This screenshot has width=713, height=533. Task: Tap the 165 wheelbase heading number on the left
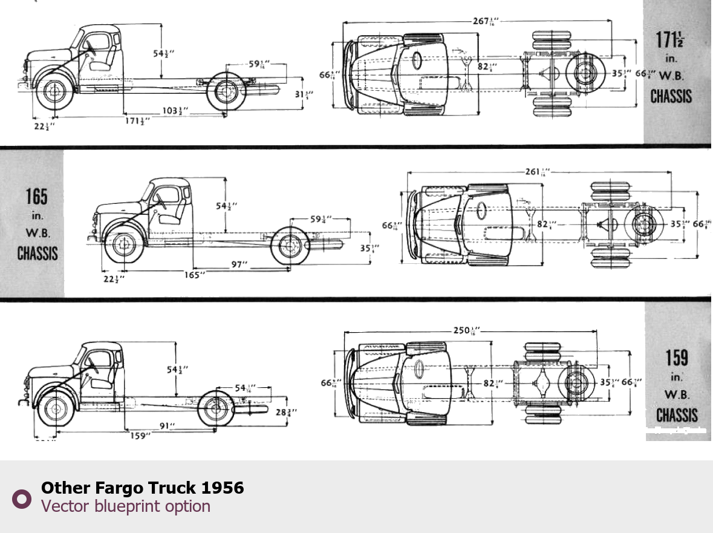point(36,197)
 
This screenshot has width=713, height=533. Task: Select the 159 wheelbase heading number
point(677,358)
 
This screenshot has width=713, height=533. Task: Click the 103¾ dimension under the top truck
point(174,111)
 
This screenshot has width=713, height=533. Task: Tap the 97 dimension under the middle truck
point(240,264)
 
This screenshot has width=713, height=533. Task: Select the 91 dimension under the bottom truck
point(168,426)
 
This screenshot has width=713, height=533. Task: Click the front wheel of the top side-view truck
point(54,92)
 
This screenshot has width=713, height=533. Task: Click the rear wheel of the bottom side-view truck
point(216,410)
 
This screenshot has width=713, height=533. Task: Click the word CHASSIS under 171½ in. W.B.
point(671,96)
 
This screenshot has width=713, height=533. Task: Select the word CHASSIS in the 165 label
point(37,253)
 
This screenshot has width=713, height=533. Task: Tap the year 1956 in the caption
point(222,488)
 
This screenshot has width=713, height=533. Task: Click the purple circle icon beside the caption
point(22,499)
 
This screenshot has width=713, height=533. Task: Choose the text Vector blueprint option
point(126,506)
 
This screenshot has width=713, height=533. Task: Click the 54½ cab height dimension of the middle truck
point(226,206)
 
